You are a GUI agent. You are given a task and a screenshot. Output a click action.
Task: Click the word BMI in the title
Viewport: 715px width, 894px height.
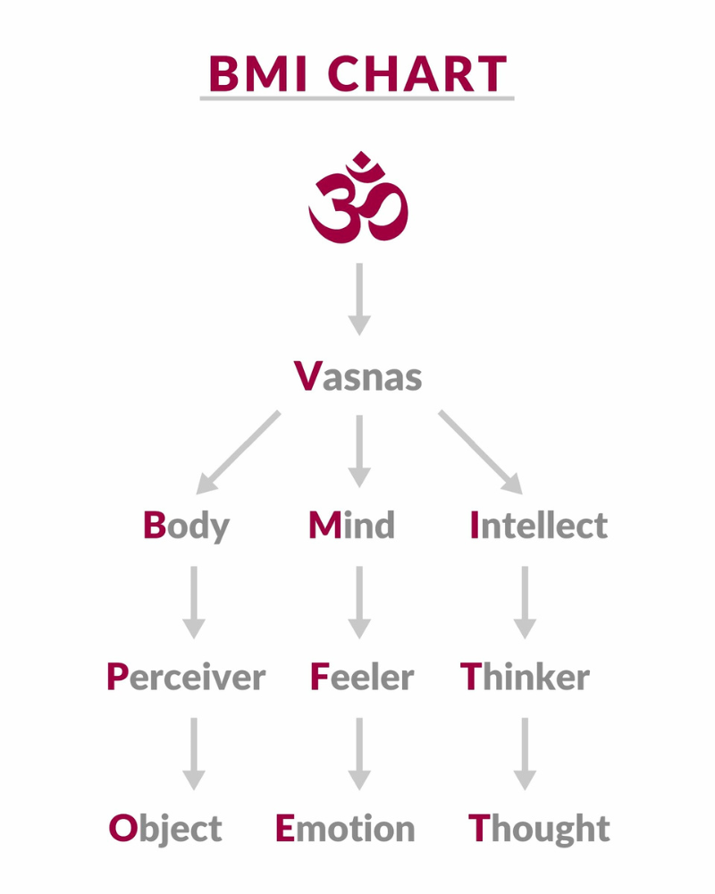click(x=258, y=73)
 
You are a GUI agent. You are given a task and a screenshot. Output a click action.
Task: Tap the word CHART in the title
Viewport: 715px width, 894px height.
click(x=417, y=73)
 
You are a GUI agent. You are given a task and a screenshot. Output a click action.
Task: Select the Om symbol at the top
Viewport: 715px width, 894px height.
click(x=358, y=198)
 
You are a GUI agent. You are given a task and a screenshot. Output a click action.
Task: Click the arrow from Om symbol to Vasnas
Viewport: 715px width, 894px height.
click(x=359, y=299)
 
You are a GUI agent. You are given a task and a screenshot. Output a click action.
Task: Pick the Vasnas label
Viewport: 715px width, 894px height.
click(x=358, y=376)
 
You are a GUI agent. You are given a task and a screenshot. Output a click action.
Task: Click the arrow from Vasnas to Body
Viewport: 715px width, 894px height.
click(x=238, y=451)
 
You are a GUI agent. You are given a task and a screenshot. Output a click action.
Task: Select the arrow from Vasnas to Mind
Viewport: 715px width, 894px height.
click(x=359, y=451)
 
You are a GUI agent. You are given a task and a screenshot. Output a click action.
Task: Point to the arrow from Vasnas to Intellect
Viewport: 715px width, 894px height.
click(x=481, y=451)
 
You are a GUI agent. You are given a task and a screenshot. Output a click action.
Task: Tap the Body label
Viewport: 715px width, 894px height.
click(x=186, y=526)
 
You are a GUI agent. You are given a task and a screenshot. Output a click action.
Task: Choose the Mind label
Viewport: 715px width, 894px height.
click(x=351, y=525)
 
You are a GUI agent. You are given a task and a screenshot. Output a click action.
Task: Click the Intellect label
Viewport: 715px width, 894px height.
click(x=539, y=525)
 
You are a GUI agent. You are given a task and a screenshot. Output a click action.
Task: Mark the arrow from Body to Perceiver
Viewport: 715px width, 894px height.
click(x=194, y=603)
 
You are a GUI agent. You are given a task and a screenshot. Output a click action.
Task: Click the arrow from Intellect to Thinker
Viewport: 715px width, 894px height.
click(x=525, y=603)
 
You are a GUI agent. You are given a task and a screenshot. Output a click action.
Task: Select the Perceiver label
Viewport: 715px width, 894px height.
click(x=186, y=677)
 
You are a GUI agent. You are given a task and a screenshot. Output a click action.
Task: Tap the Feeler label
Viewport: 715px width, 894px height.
click(x=361, y=677)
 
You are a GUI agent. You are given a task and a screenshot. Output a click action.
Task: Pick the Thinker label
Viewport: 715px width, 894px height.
click(x=525, y=677)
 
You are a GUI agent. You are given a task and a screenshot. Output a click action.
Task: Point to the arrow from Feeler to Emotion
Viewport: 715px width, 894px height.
click(x=359, y=754)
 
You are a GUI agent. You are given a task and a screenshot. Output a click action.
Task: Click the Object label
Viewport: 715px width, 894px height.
click(x=165, y=830)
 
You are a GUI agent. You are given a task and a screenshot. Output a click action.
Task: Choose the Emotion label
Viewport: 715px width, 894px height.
click(x=345, y=829)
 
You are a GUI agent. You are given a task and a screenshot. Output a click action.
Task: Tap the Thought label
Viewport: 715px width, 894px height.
click(x=539, y=830)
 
